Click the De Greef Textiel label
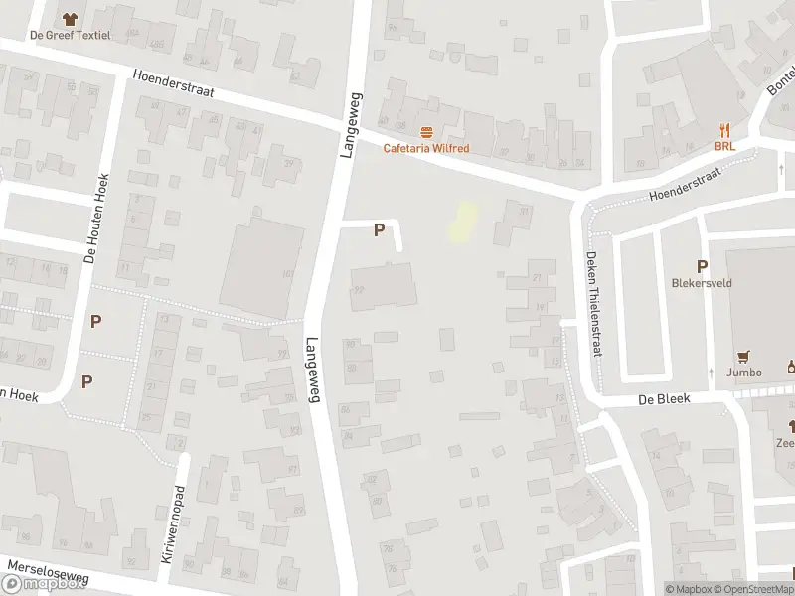(x=70, y=36)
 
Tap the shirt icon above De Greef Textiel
(x=70, y=18)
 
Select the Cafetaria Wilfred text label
(x=426, y=149)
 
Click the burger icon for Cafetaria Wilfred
(x=427, y=132)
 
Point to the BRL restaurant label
(x=724, y=146)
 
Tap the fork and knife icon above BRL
(x=724, y=129)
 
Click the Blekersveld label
(x=702, y=283)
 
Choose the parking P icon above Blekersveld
(x=702, y=266)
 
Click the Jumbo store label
(x=743, y=372)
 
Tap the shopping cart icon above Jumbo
(x=743, y=356)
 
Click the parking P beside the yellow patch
(x=378, y=230)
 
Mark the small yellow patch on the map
(x=460, y=222)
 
